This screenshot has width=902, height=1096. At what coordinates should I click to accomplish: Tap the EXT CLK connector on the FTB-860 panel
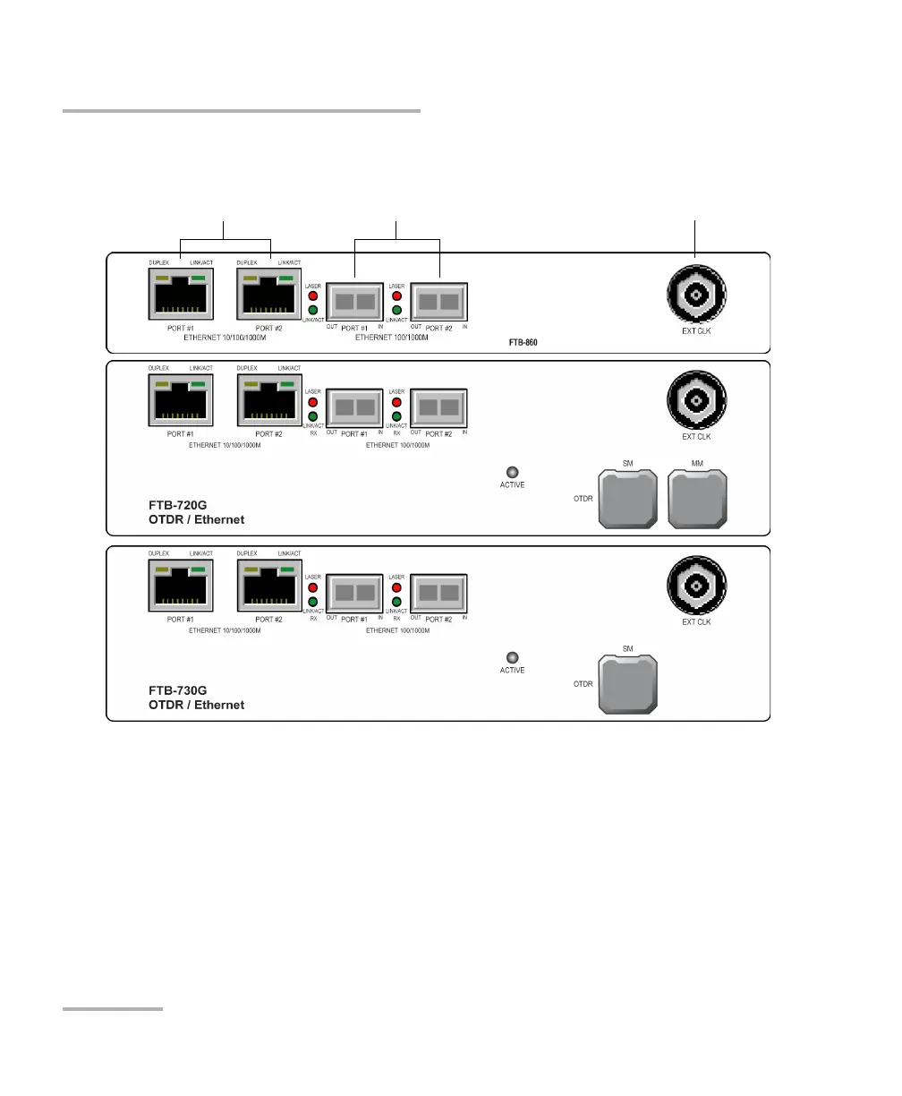696,295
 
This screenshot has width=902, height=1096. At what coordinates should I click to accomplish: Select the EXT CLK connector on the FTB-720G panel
696,400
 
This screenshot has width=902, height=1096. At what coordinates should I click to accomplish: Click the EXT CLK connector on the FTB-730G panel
696,586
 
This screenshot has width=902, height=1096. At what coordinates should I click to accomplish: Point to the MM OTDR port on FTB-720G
698,500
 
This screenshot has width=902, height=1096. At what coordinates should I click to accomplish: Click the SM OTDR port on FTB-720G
626,500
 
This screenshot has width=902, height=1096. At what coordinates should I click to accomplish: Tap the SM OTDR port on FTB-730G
626,686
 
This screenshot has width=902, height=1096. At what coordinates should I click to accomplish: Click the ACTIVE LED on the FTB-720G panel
513,472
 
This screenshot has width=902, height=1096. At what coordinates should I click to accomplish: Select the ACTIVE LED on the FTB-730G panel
513,657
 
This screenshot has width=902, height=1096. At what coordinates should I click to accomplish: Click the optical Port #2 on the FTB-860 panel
439,301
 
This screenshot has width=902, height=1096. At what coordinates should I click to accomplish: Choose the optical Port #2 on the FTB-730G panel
439,593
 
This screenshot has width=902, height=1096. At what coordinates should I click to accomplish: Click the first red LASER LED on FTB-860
313,295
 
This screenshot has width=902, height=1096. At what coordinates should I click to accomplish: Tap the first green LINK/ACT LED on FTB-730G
313,602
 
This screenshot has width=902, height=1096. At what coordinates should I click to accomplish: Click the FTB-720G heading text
177,506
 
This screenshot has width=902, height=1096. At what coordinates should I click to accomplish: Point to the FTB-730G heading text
177,691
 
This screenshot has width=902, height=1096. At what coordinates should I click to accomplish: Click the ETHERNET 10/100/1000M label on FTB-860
225,338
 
